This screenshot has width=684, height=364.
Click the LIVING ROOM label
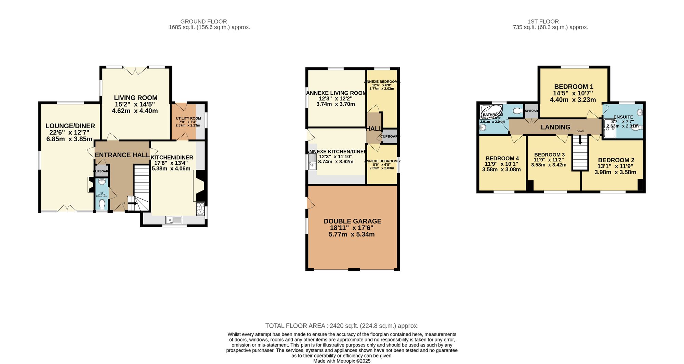click(135, 98)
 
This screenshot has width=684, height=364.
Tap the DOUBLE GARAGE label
click(352, 221)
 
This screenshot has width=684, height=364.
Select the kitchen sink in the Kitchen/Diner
click(174, 220)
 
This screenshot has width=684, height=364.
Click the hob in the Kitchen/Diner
click(200, 209)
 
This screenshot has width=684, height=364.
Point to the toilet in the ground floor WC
click(102, 204)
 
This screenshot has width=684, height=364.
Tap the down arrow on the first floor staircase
click(580, 140)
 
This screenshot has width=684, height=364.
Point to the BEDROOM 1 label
click(574, 87)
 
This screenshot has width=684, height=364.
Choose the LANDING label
click(555, 127)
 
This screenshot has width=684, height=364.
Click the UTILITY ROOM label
click(188, 119)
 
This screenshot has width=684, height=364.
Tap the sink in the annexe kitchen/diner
click(313, 162)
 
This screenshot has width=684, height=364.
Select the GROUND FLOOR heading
click(203, 22)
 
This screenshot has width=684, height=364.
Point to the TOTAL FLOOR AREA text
click(342, 326)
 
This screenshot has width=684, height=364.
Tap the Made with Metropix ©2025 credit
click(342, 361)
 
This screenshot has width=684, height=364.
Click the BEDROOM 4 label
click(502, 159)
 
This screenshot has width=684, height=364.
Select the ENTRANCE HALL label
click(122, 155)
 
